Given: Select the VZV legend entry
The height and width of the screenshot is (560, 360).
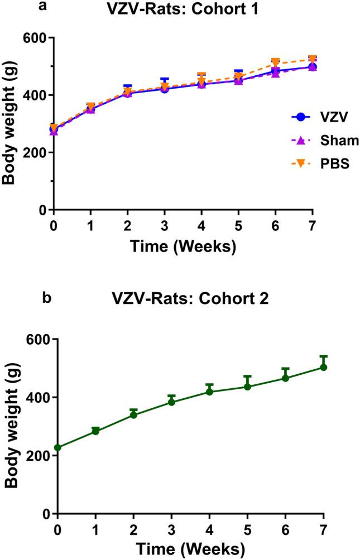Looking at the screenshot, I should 316,118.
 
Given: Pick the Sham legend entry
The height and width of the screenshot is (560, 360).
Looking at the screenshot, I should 316,141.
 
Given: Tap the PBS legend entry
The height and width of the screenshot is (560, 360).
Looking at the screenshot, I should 316,163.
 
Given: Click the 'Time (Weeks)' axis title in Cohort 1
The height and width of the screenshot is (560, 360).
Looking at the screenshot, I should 183,245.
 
